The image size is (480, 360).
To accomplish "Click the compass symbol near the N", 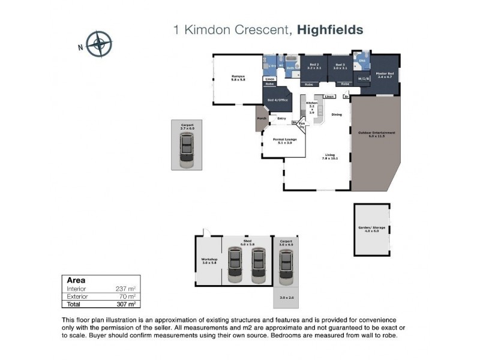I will pyautogui.click(x=99, y=44).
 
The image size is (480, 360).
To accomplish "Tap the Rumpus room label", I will pyautogui.click(x=239, y=76).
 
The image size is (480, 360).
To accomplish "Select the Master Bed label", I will pyautogui.click(x=384, y=74).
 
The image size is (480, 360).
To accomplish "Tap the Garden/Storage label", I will pyautogui.click(x=371, y=229).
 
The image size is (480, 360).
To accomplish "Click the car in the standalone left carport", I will pyautogui.click(x=187, y=150).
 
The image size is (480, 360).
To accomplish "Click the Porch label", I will pyautogui.click(x=262, y=118).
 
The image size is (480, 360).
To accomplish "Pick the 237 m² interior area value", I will pyautogui.click(x=127, y=289).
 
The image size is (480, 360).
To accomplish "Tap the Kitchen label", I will pyautogui.click(x=311, y=103).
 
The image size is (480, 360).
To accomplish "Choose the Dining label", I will pyautogui.click(x=337, y=115).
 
